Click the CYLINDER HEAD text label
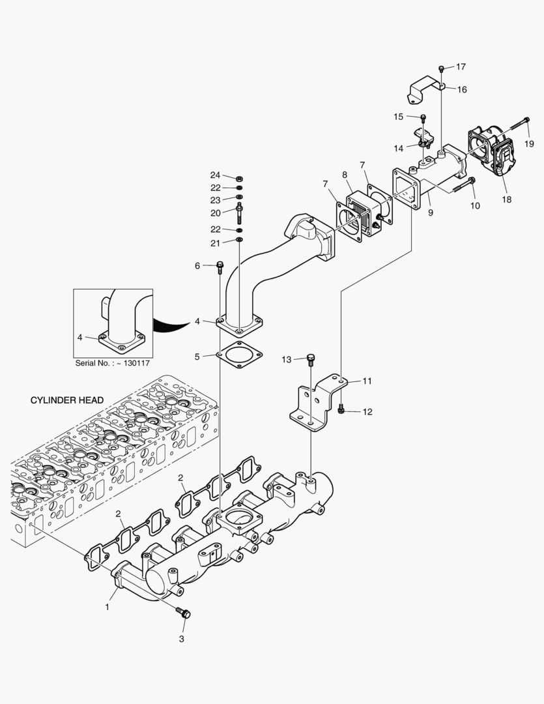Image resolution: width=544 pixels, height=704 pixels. pyautogui.click(x=66, y=400)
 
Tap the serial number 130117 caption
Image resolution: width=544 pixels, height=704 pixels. pyautogui.click(x=113, y=362)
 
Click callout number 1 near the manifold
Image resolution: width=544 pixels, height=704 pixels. pyautogui.click(x=107, y=608)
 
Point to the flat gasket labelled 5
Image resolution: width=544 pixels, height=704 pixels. pyautogui.click(x=239, y=356)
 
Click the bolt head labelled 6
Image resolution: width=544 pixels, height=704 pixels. pyautogui.click(x=220, y=265)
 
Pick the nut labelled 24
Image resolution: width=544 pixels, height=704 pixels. pyautogui.click(x=239, y=177)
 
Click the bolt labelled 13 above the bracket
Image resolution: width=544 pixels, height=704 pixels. pyautogui.click(x=311, y=358)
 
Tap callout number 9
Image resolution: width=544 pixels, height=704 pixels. pyautogui.click(x=430, y=212)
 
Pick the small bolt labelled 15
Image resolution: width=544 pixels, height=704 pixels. pyautogui.click(x=423, y=118)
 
